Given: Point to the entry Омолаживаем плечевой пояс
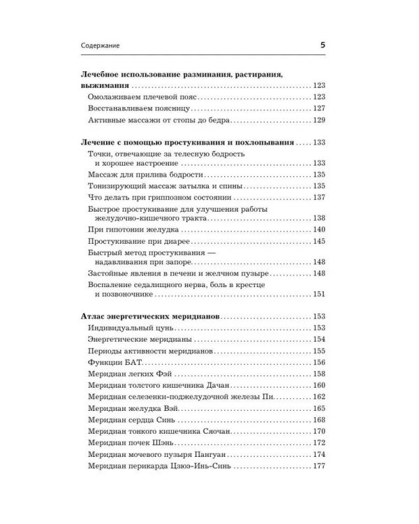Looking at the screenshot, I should (x=139, y=96).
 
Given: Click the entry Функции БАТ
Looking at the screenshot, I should (x=115, y=362).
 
